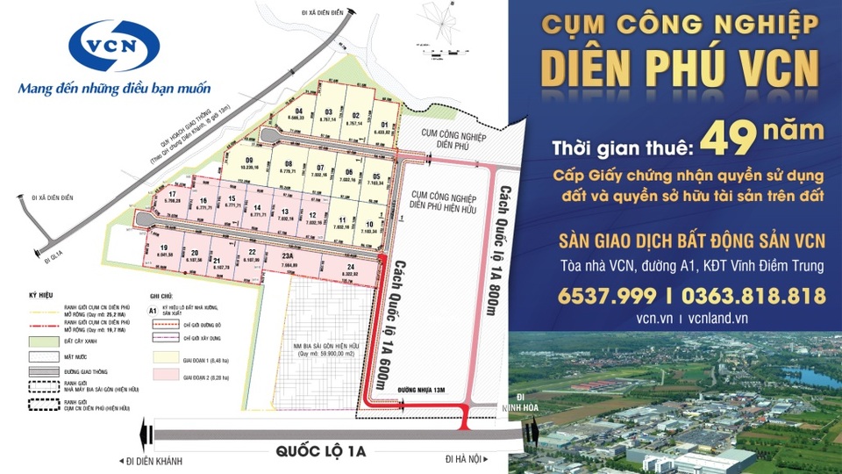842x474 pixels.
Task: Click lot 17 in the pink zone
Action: click(x=172, y=198)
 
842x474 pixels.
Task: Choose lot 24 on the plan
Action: click(x=351, y=269)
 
